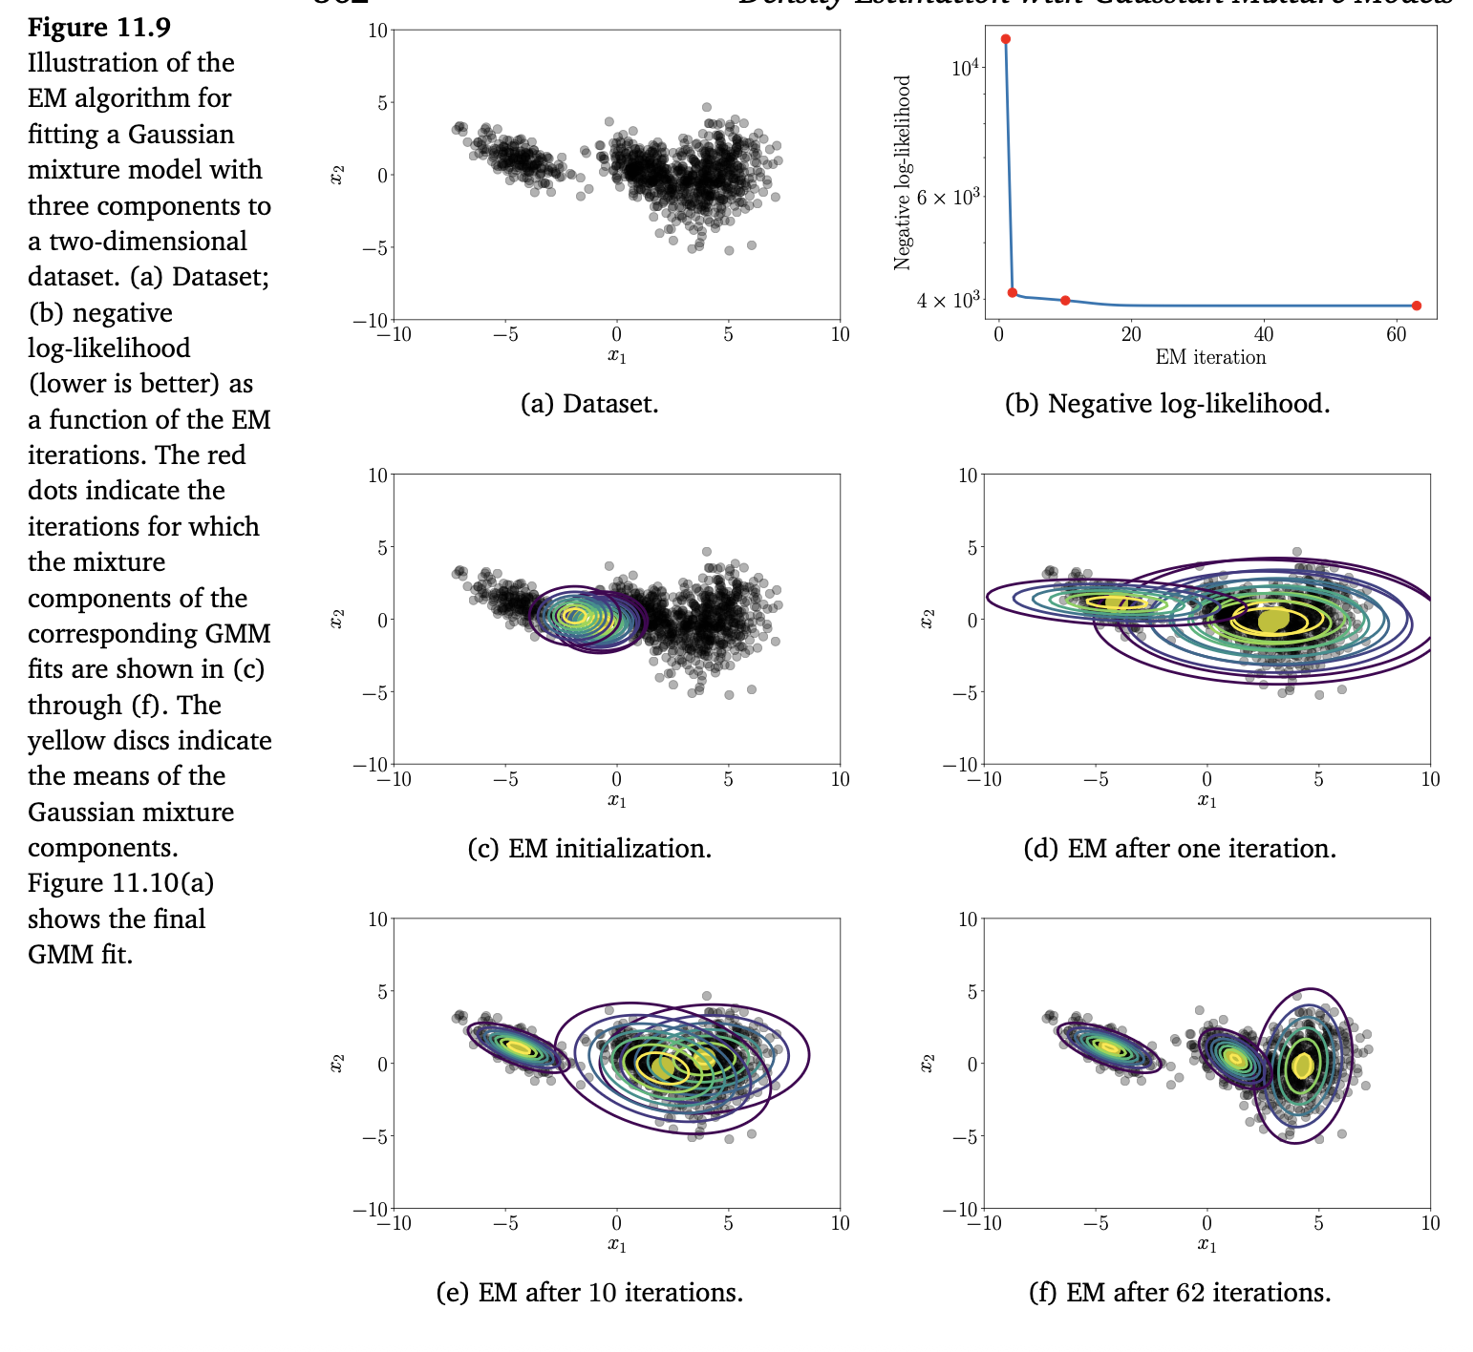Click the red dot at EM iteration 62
(1416, 306)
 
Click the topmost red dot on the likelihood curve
(1005, 39)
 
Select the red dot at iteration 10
(1065, 300)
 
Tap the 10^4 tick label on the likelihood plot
(966, 67)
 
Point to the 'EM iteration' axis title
(1210, 357)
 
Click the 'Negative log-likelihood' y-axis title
(903, 173)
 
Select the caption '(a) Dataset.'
(589, 404)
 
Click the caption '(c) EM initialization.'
(589, 848)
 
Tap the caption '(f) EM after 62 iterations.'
(1180, 1292)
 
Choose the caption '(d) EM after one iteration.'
(1180, 848)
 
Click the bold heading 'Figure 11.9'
(99, 28)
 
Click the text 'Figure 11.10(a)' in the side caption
(120, 882)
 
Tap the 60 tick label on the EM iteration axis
(1396, 334)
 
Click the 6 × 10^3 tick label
(949, 197)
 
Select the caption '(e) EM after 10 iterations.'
(589, 1292)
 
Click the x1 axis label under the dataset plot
(617, 356)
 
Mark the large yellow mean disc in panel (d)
(1272, 621)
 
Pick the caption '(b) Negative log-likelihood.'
(1167, 404)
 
